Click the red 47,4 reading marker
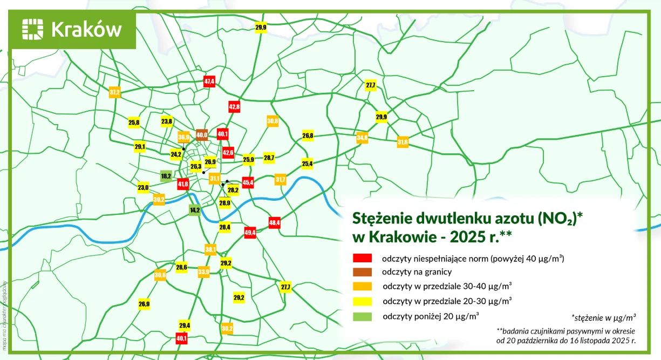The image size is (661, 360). click(x=209, y=81)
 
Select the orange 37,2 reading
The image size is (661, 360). click(x=114, y=92)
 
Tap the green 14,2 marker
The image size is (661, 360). click(x=195, y=210)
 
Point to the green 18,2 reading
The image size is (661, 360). click(x=166, y=176)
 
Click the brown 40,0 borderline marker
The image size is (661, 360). click(x=202, y=134)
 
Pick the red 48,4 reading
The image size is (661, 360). click(x=275, y=222)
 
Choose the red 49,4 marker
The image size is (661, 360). click(x=250, y=233)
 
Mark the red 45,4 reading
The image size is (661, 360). click(x=248, y=183)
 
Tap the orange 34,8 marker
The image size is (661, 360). click(x=362, y=138)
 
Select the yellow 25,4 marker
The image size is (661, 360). click(x=307, y=163)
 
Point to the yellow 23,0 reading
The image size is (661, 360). click(x=143, y=187)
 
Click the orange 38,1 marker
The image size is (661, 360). click(x=210, y=249)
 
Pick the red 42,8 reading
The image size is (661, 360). click(x=234, y=107)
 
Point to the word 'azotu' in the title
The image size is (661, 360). click(x=505, y=218)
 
